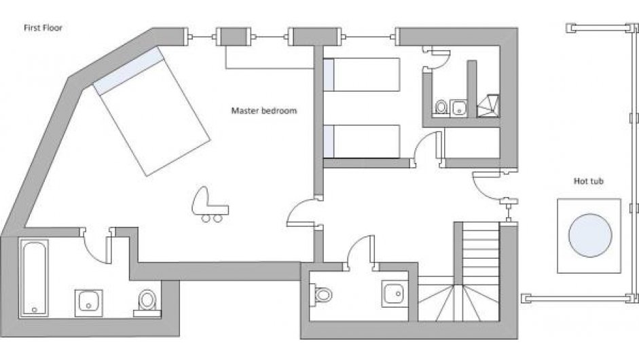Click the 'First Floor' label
click(x=43, y=28)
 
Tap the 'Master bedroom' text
click(x=264, y=111)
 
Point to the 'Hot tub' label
click(x=589, y=181)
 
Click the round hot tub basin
click(x=590, y=235)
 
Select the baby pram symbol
click(x=209, y=204)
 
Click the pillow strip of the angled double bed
click(x=128, y=71)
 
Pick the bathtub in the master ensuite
click(x=34, y=277)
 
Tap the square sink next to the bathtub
click(x=88, y=302)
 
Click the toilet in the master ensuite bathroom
click(x=147, y=302)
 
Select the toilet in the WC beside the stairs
click(x=321, y=294)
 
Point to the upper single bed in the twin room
click(x=361, y=75)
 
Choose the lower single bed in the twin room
click(x=361, y=141)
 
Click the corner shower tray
click(x=488, y=106)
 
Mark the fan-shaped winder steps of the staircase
click(x=458, y=301)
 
